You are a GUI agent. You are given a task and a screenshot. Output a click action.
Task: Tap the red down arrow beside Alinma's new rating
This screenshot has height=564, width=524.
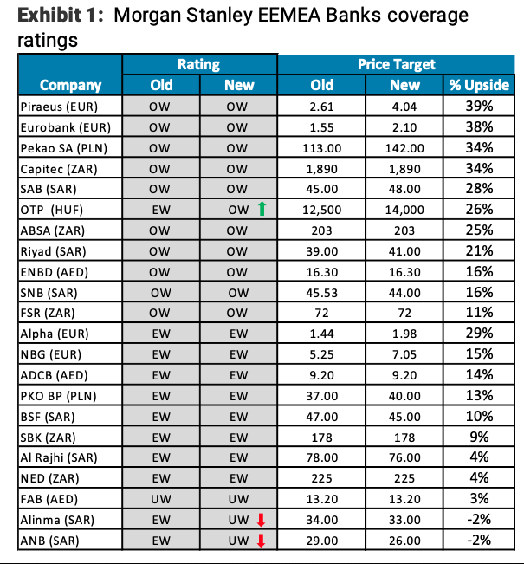tap(261, 520)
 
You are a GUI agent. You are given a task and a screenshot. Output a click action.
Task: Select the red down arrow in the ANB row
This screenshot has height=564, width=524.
tap(261, 541)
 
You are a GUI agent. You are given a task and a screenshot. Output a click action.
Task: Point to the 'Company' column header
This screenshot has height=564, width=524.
tap(70, 85)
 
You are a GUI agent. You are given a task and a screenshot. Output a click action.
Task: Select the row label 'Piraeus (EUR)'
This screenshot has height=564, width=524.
tap(58, 107)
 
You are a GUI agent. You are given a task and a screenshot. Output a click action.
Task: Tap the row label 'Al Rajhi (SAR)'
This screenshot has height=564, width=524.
tap(58, 457)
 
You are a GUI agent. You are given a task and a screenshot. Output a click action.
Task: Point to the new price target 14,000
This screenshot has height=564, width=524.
tap(404, 210)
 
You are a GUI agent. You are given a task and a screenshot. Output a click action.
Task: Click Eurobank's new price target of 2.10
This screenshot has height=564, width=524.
tap(404, 127)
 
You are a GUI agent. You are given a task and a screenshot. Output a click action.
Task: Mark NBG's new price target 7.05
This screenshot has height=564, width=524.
tap(404, 354)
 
